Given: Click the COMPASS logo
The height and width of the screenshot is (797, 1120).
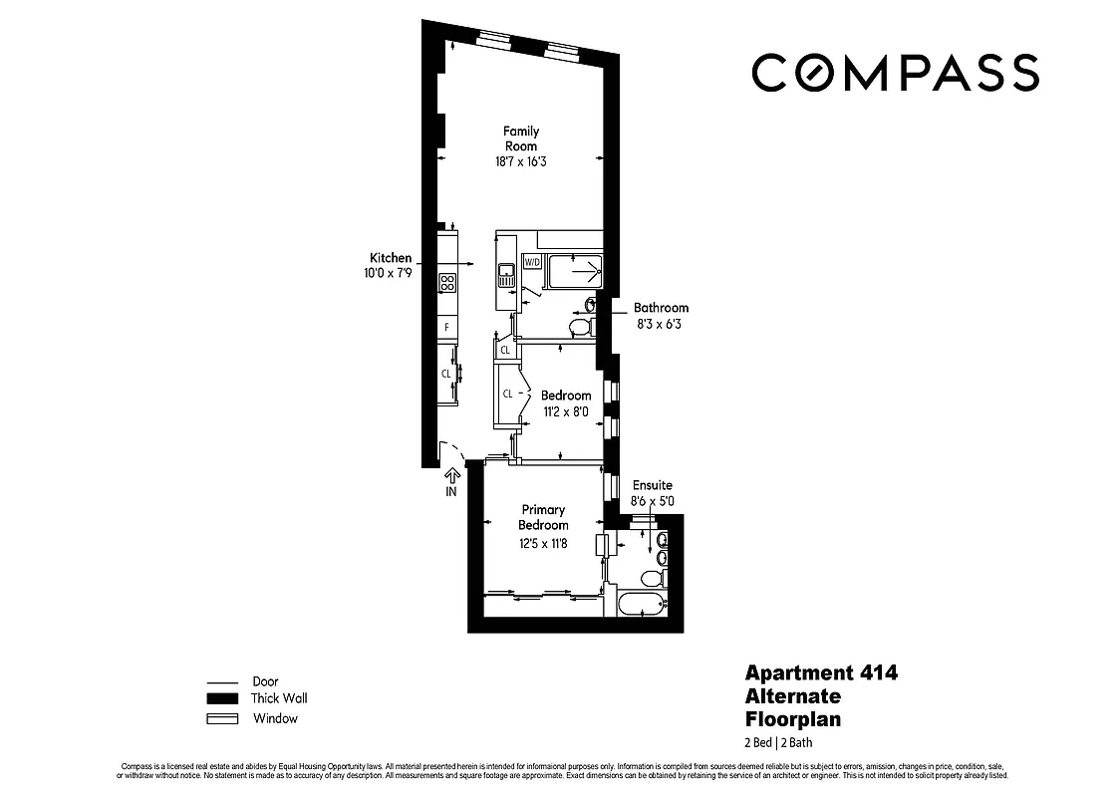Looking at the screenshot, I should click(894, 73).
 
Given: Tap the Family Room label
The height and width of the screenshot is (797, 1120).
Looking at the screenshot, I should click(520, 138).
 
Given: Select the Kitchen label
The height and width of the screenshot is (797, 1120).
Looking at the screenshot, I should click(390, 258).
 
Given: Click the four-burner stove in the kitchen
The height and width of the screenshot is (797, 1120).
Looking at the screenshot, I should click(446, 283).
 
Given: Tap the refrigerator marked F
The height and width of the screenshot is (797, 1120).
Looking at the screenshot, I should click(446, 327).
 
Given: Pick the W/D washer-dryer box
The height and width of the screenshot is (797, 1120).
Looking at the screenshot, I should click(532, 263).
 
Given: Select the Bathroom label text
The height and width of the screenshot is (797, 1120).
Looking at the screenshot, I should click(661, 308).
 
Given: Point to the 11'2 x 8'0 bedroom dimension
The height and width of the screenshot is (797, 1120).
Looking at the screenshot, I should click(566, 411).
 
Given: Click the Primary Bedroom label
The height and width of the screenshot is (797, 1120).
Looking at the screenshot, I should click(543, 517).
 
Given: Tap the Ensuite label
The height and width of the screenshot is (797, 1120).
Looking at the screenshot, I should click(652, 485).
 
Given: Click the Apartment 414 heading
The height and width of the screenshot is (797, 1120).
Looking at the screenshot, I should click(821, 672).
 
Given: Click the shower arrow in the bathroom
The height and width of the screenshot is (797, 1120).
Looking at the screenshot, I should click(581, 268).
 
